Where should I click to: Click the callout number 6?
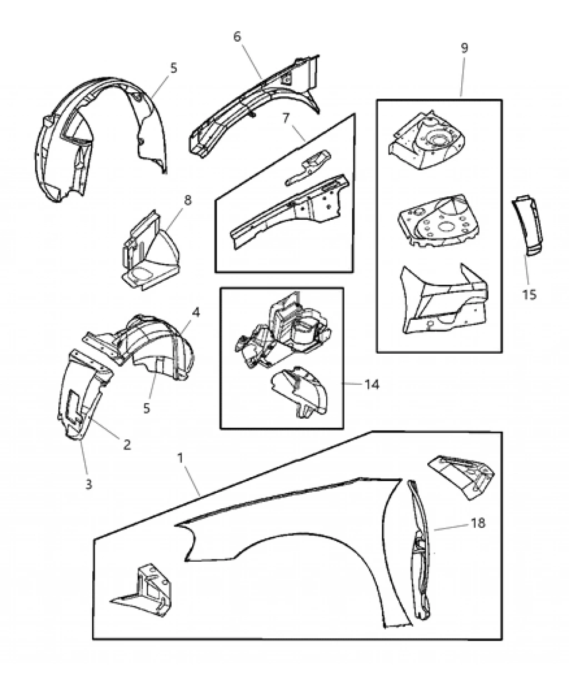(x=237, y=37)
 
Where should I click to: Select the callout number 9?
(x=464, y=48)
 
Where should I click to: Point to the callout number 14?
(x=372, y=384)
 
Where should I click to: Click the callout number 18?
(x=478, y=523)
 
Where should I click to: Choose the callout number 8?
(x=187, y=200)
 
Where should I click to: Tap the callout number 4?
(x=195, y=313)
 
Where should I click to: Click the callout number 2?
(x=127, y=444)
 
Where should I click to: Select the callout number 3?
(x=89, y=484)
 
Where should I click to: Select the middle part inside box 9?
(x=440, y=220)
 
